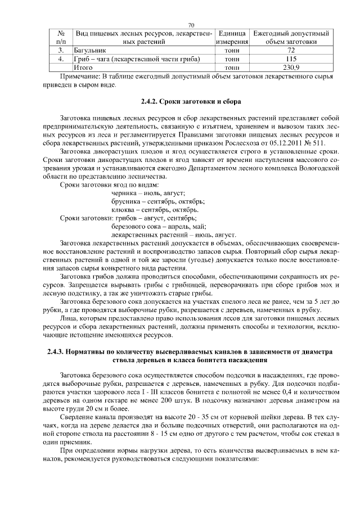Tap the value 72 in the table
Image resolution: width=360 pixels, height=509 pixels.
pyautogui.click(x=291, y=50)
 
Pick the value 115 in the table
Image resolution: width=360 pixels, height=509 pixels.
pyautogui.click(x=291, y=58)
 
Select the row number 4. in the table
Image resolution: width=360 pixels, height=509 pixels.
pyautogui.click(x=61, y=58)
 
